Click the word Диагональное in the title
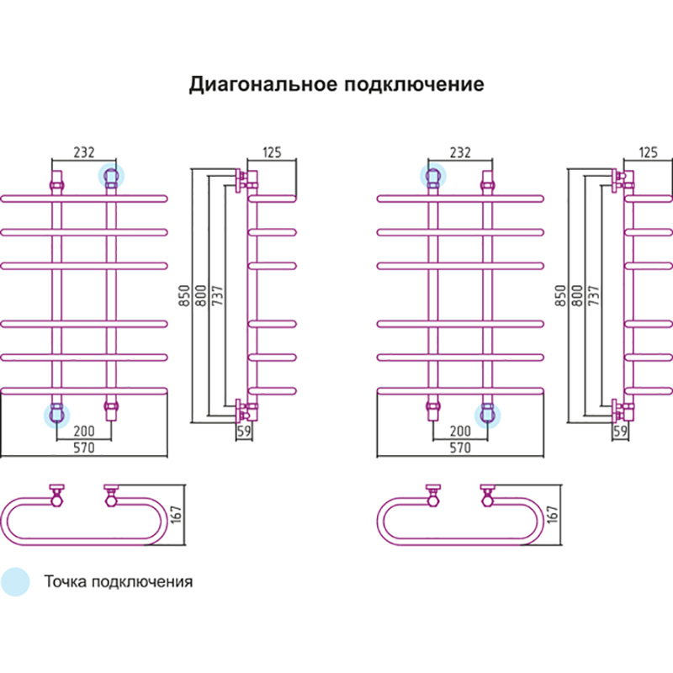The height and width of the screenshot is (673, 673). coord(258,85)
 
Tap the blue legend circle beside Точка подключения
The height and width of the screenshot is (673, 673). coord(15,581)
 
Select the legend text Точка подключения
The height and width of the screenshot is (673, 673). coord(118,581)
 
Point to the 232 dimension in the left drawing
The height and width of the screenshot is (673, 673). coord(83,152)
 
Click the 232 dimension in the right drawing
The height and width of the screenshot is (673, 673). coord(459,152)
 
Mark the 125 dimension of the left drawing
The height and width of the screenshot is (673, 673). coord(271,152)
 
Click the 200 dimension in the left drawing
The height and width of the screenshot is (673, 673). coord(84,432)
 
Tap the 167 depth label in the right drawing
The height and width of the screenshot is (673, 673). coord(553,515)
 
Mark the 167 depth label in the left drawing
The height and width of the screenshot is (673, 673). coord(177,515)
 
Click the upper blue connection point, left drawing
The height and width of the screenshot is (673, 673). coord(110,176)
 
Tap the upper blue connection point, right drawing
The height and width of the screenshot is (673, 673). coord(432,176)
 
